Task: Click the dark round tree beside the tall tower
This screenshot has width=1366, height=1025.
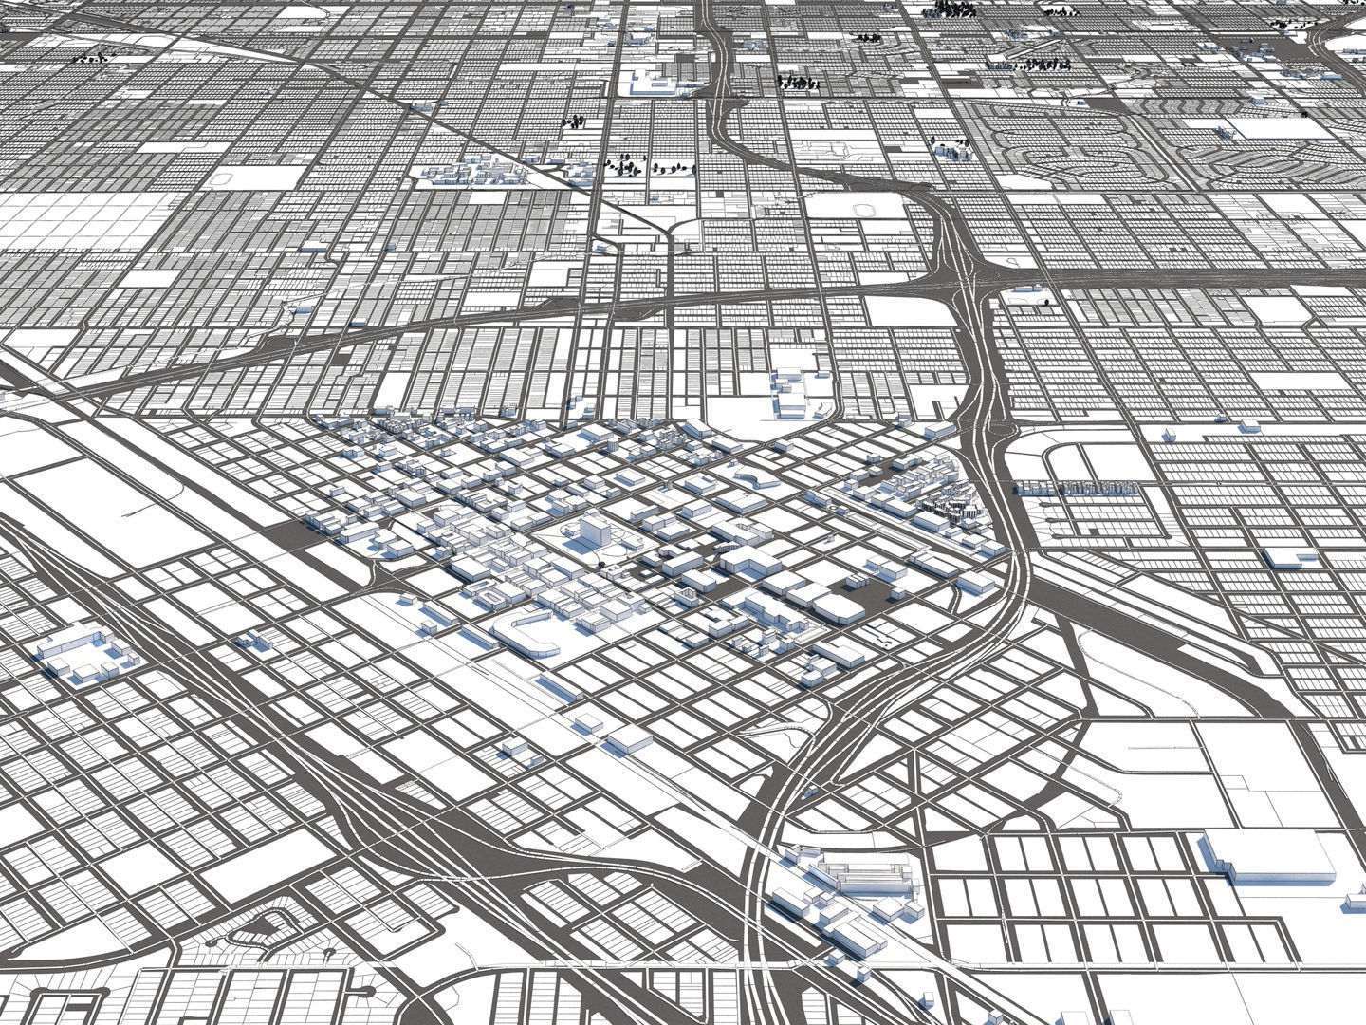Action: coord(600,566)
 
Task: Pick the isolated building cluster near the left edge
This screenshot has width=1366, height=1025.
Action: coord(83,656)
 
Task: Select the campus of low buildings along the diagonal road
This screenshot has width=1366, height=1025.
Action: coord(470,173)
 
